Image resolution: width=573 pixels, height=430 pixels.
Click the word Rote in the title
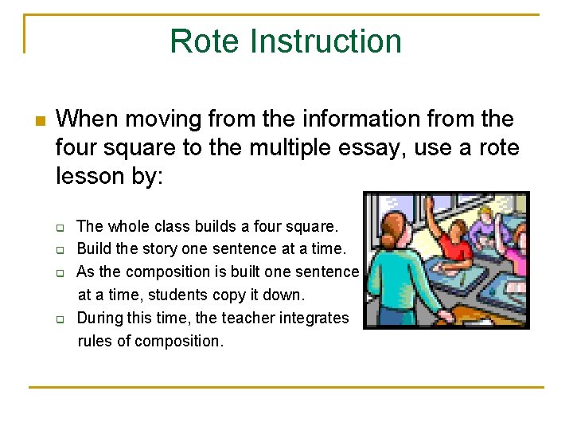point(204,41)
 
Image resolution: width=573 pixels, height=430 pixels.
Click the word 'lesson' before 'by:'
point(88,175)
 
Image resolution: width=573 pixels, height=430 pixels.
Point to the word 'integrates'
point(318,318)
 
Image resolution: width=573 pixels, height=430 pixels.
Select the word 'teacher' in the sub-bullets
point(255,318)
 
